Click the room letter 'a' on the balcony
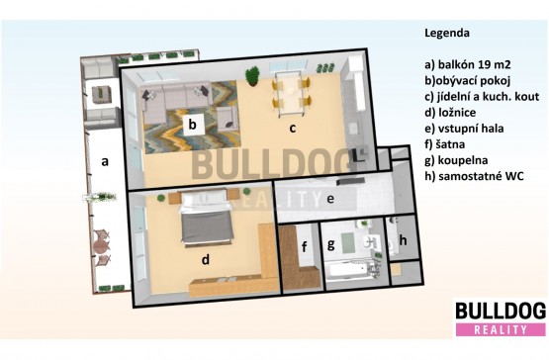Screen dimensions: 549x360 [x=104, y=162]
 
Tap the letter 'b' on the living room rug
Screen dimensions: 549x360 [x=192, y=124]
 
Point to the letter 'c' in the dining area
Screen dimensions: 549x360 [x=293, y=129]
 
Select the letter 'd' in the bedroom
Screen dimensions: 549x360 [x=206, y=259]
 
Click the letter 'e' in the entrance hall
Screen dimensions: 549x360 [x=330, y=199]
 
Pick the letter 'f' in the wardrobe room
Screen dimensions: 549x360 [x=305, y=246]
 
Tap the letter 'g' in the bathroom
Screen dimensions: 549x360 [x=330, y=245]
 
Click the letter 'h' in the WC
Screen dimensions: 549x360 [x=403, y=240]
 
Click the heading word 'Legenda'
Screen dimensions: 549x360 [x=447, y=33]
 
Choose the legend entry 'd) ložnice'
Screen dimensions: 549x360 [x=450, y=113]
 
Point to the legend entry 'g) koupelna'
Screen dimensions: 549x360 [x=456, y=160]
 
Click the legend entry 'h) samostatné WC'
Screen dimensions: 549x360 [x=475, y=176]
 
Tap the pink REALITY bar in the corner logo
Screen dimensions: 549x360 [x=501, y=329]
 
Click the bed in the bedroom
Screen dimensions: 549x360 [x=206, y=218]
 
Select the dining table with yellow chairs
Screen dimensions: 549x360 [x=291, y=94]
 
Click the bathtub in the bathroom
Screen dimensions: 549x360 [x=348, y=271]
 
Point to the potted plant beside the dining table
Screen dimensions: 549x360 [x=252, y=76]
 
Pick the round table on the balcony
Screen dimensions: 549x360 [x=101, y=247]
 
